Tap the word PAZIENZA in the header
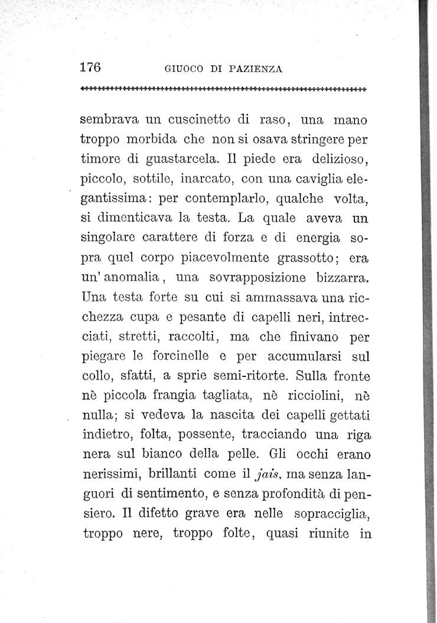(255, 69)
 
